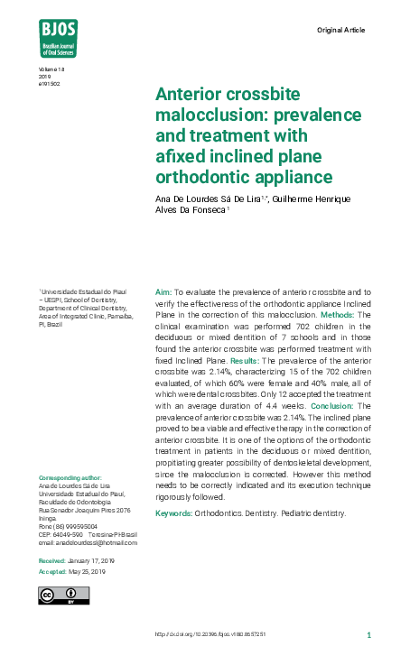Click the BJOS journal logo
(x=58, y=38)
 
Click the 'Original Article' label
(x=341, y=30)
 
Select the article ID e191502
(x=50, y=84)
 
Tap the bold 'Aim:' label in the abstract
(x=163, y=293)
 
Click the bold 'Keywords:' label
(x=173, y=513)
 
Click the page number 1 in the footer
(x=368, y=634)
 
